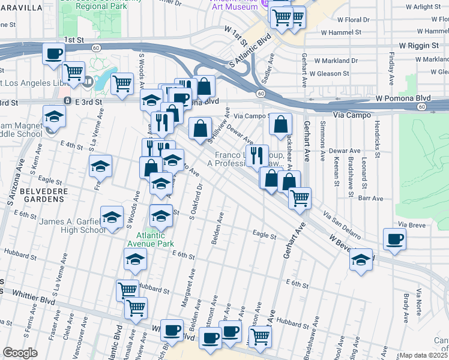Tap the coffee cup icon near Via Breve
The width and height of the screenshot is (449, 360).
[x=394, y=239]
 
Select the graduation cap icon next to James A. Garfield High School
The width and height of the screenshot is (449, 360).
[x=112, y=220]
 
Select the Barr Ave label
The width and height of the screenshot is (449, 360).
[x=371, y=198]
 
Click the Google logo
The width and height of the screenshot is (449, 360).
[x=20, y=353]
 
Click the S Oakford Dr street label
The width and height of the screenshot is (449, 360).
[x=194, y=205]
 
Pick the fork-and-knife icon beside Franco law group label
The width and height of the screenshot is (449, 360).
[x=257, y=155]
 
